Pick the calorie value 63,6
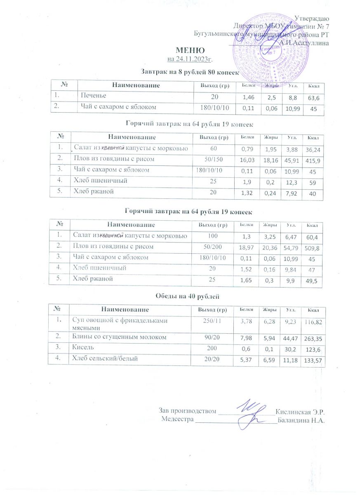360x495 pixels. tap(314, 97)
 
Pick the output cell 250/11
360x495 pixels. tap(211, 321)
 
